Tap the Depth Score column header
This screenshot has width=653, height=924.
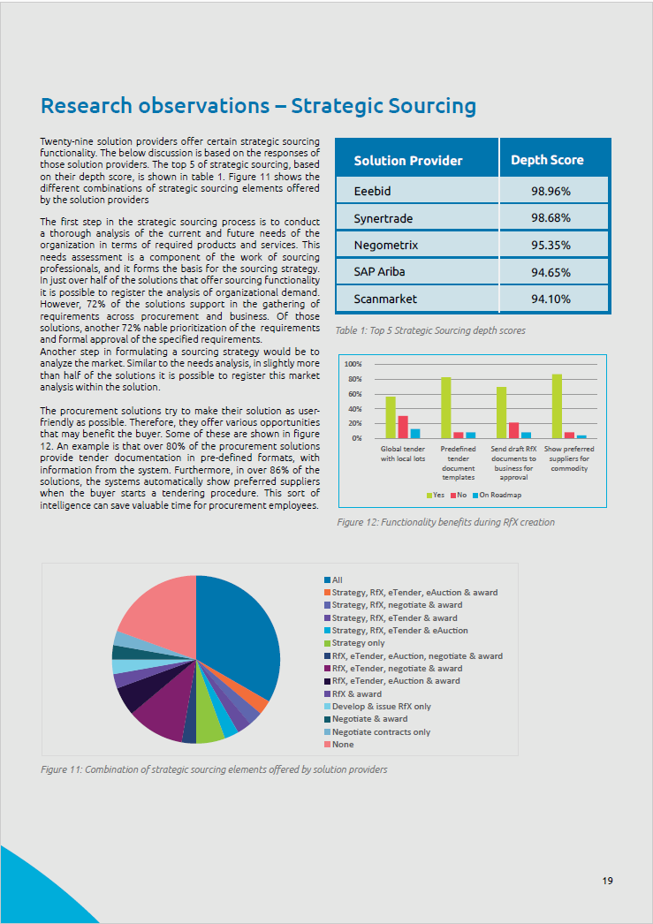click(x=547, y=161)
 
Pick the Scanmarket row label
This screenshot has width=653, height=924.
click(x=385, y=299)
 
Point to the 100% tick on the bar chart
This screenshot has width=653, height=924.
click(x=353, y=364)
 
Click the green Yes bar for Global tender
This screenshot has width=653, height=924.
click(x=391, y=417)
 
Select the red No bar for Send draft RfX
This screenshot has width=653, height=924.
click(x=513, y=430)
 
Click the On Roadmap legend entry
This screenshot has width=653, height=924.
click(x=498, y=495)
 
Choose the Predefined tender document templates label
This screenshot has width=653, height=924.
click(x=458, y=463)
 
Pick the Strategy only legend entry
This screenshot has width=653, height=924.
click(x=354, y=643)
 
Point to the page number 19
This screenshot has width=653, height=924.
click(x=608, y=880)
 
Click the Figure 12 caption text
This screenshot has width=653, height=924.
click(x=446, y=522)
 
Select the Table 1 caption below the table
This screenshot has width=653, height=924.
click(x=430, y=330)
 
